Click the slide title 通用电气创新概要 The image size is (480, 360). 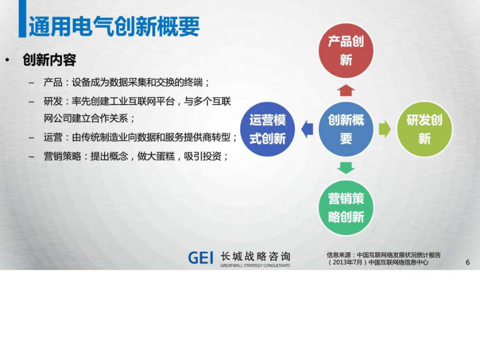[x=114, y=26]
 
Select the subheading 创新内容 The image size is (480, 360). [x=49, y=60]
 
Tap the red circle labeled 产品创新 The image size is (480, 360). [x=346, y=51]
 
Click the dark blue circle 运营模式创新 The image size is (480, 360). [x=268, y=129]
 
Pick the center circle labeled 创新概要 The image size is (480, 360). [x=346, y=129]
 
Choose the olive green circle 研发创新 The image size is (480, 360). [x=425, y=129]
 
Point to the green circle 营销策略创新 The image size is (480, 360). [x=346, y=208]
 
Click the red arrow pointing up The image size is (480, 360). [x=346, y=91]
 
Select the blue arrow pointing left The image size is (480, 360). [x=307, y=129]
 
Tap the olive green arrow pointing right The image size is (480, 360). [x=385, y=129]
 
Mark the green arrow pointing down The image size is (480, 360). [x=346, y=168]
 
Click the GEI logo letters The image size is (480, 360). [x=201, y=258]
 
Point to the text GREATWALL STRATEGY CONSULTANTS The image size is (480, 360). [x=255, y=266]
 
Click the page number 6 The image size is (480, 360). [x=467, y=262]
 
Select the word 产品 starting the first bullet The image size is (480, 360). [x=53, y=82]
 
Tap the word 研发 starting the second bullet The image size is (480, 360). [x=53, y=101]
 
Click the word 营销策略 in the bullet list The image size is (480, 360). [x=62, y=156]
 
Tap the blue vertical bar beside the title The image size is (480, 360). [x=22, y=19]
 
